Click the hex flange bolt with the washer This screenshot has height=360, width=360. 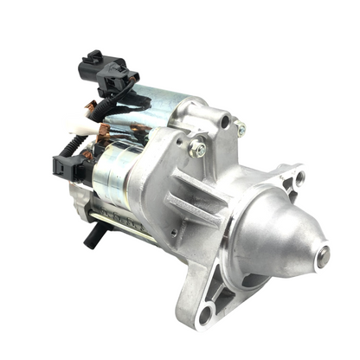(199, 149)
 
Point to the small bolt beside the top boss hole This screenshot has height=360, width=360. (241, 129)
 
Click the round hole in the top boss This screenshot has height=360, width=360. (224, 122)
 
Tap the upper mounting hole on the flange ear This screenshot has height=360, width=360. (299, 177)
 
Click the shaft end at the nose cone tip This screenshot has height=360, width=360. (323, 255)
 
